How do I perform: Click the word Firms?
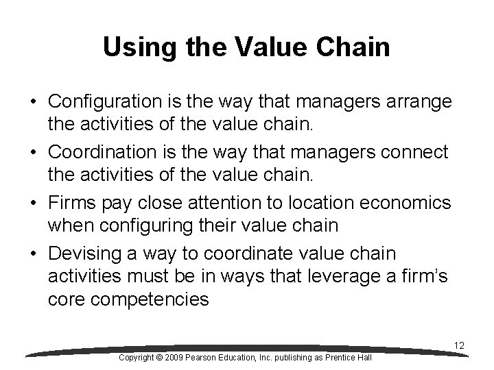pyautogui.click(x=70, y=203)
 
